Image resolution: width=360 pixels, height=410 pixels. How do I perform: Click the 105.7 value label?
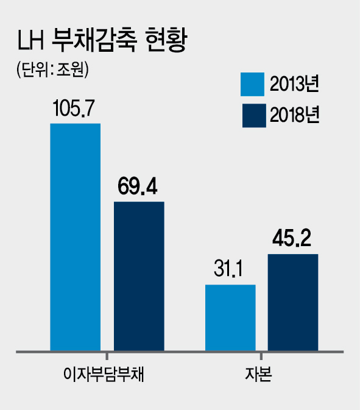tap(74, 108)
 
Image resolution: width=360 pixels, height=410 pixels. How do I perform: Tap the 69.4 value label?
tap(138, 186)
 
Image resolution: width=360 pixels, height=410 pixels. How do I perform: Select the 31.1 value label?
tap(228, 268)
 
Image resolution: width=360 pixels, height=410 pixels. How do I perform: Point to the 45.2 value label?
tap(292, 238)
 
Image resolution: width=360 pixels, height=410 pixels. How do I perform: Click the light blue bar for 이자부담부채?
tap(76, 237)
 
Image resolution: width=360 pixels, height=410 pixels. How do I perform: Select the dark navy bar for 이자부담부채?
tap(139, 276)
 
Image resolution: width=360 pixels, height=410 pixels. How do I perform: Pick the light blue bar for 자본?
tap(230, 317)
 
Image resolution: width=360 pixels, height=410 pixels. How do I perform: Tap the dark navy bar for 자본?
tap(293, 302)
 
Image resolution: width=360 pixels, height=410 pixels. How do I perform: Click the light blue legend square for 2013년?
tap(253, 84)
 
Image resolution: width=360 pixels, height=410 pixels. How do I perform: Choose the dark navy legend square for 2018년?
tap(254, 116)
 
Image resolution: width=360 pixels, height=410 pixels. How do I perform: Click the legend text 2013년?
tap(295, 84)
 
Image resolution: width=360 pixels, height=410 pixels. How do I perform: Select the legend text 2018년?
tap(295, 115)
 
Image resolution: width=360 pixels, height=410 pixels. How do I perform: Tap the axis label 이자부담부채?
tap(104, 374)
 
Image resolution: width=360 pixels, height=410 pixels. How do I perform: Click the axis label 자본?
tap(258, 374)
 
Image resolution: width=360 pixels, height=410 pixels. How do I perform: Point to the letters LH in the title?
tap(30, 40)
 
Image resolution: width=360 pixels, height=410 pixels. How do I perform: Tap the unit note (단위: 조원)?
tap(52, 69)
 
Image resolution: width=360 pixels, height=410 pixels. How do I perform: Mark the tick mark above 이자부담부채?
tap(107, 356)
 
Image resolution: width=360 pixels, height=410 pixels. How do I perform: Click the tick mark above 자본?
tap(261, 356)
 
